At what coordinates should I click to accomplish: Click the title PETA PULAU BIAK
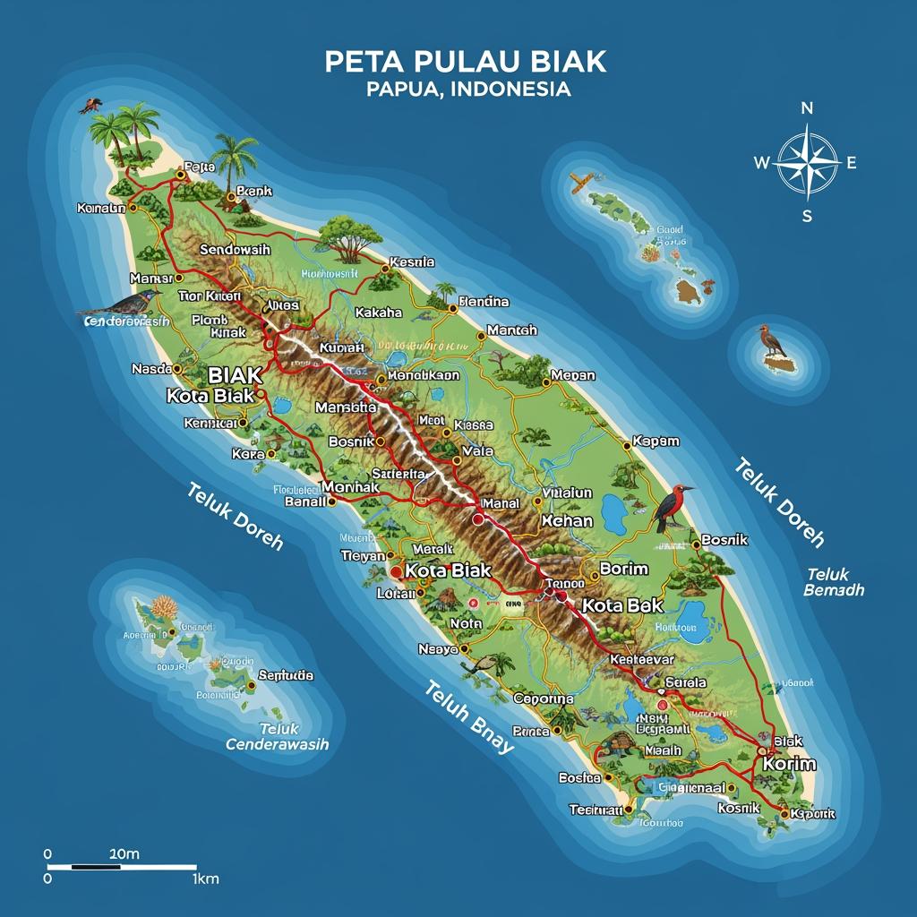point(465,62)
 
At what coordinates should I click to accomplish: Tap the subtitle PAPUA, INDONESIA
point(467,90)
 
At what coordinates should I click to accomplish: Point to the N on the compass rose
point(806,108)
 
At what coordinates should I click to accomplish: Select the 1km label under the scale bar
point(205,879)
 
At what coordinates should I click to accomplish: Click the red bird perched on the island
point(673,506)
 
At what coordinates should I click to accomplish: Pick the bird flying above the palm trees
point(90,106)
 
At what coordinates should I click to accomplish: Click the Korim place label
point(789,764)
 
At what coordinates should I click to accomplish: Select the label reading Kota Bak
point(622,605)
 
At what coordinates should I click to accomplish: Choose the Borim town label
point(623,569)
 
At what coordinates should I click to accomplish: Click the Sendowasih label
point(235,250)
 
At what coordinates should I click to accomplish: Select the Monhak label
point(350,486)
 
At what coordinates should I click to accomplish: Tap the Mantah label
point(512,330)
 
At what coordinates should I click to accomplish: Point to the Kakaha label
point(379,313)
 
